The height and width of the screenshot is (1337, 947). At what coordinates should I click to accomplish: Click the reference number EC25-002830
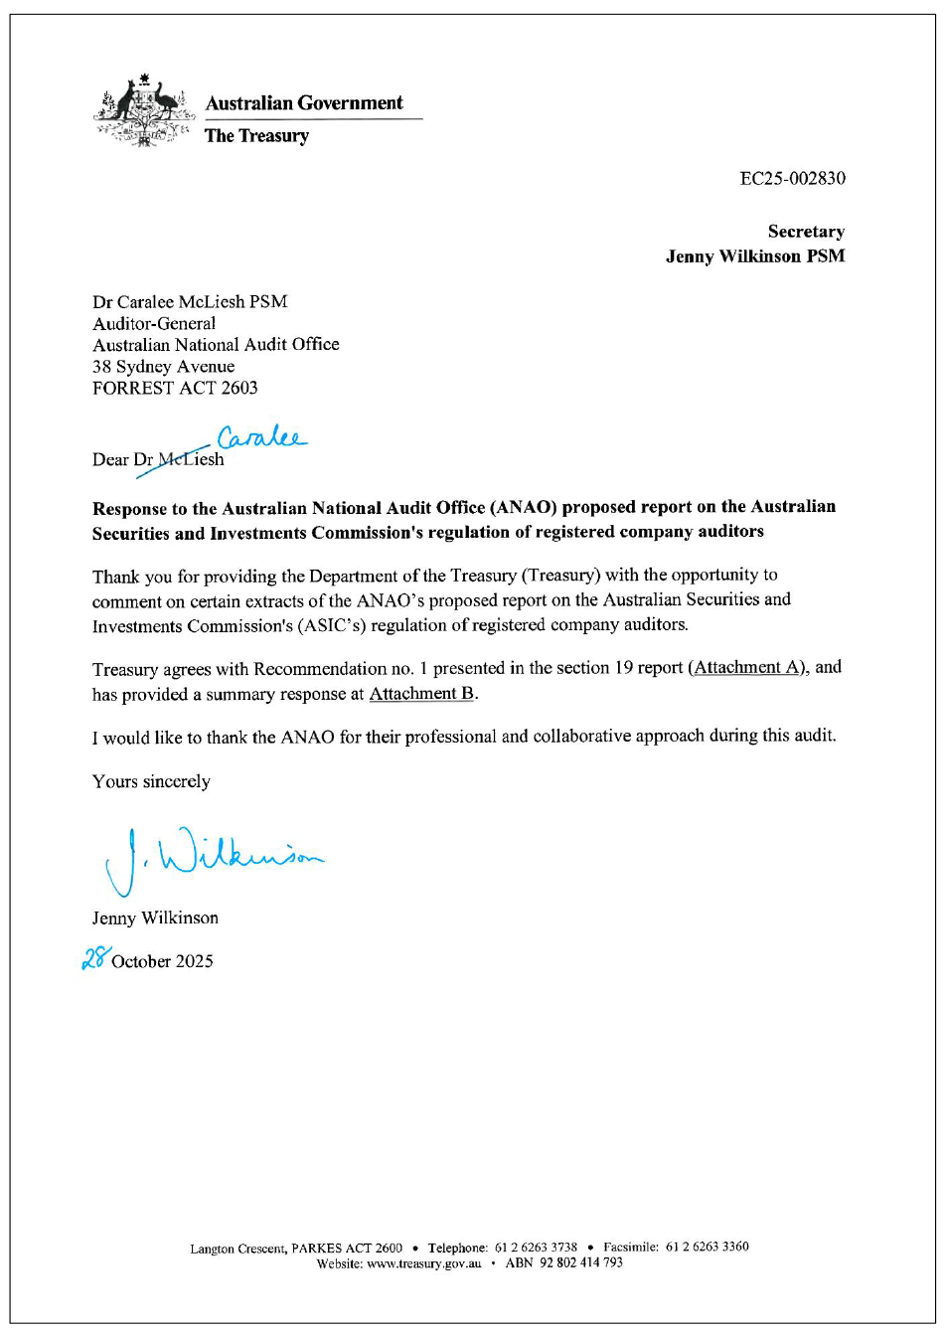pyautogui.click(x=792, y=178)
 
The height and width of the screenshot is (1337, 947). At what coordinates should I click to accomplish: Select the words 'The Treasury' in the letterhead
pyautogui.click(x=256, y=136)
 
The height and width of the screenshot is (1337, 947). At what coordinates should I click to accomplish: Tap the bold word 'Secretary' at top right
pyautogui.click(x=806, y=232)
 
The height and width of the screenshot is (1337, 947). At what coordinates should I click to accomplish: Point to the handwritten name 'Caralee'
pyautogui.click(x=261, y=437)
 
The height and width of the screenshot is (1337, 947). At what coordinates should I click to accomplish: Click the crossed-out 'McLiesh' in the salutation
pyautogui.click(x=191, y=459)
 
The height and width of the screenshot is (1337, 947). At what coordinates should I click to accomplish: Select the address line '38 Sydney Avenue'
pyautogui.click(x=164, y=367)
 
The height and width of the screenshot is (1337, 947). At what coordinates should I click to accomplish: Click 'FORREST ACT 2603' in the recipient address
pyautogui.click(x=175, y=388)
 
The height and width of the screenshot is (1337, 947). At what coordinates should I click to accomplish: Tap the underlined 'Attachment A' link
pyautogui.click(x=748, y=667)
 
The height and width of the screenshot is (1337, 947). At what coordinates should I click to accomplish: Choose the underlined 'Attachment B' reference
pyautogui.click(x=421, y=694)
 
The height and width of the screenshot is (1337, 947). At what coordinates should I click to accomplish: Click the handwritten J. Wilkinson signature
pyautogui.click(x=214, y=858)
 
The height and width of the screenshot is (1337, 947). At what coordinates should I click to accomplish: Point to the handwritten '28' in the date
pyautogui.click(x=95, y=958)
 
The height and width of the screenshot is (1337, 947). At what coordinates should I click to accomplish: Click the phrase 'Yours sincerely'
pyautogui.click(x=151, y=781)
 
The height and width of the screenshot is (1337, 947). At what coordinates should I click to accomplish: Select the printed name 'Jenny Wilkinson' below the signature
pyautogui.click(x=155, y=918)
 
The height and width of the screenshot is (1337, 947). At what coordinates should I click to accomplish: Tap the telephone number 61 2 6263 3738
pyautogui.click(x=536, y=1248)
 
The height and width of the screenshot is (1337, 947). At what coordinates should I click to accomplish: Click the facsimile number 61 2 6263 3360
pyautogui.click(x=707, y=1247)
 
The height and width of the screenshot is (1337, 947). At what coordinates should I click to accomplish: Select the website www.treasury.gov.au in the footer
pyautogui.click(x=423, y=1263)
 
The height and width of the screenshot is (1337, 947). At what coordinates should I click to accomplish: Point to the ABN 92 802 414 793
pyautogui.click(x=580, y=1262)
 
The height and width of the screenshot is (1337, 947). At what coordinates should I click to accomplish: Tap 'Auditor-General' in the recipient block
pyautogui.click(x=154, y=324)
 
